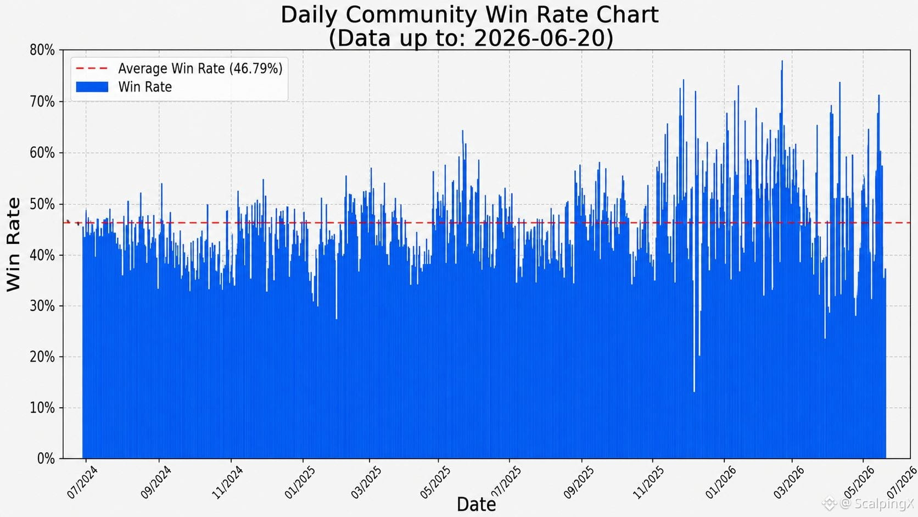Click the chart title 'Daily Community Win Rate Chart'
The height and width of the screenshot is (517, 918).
click(x=469, y=15)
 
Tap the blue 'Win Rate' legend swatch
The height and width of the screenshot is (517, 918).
click(x=92, y=87)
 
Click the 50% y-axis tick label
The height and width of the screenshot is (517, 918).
click(x=42, y=204)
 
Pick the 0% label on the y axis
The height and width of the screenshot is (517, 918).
click(x=46, y=458)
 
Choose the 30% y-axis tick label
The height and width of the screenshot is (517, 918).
click(x=42, y=306)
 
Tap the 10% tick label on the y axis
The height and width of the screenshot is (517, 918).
click(x=42, y=408)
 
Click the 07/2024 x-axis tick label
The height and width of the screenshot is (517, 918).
click(x=82, y=482)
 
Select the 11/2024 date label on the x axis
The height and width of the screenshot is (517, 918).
click(x=227, y=482)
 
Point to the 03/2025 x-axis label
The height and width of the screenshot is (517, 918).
click(x=366, y=482)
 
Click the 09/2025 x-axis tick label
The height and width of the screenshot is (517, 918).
click(x=578, y=482)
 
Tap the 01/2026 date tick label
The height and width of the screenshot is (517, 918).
click(x=721, y=482)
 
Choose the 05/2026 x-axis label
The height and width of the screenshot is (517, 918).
click(x=860, y=482)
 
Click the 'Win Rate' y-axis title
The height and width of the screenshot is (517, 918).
click(x=13, y=245)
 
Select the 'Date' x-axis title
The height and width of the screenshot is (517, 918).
click(x=476, y=504)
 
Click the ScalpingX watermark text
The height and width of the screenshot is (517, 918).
click(x=877, y=503)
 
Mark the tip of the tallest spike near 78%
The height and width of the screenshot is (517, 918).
click(x=782, y=60)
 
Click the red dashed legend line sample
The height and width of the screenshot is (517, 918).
click(x=92, y=69)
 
